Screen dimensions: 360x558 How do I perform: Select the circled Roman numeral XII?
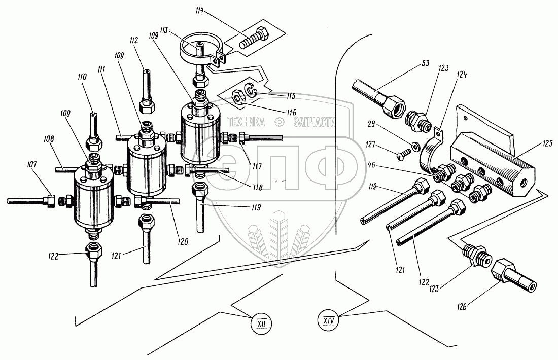point(262,322)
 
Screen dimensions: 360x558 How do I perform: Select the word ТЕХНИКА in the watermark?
point(247,122)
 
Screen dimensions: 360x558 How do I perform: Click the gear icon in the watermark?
point(278,122)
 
